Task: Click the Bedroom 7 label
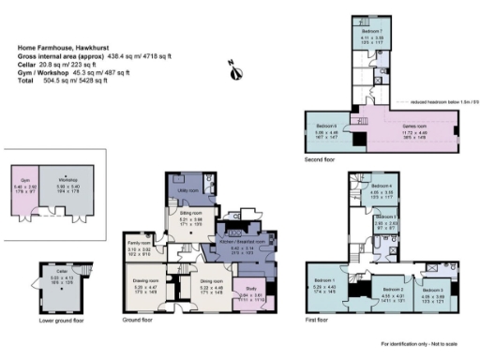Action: point(373,31)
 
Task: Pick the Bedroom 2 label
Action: point(379,290)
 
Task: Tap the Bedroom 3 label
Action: point(433,290)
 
